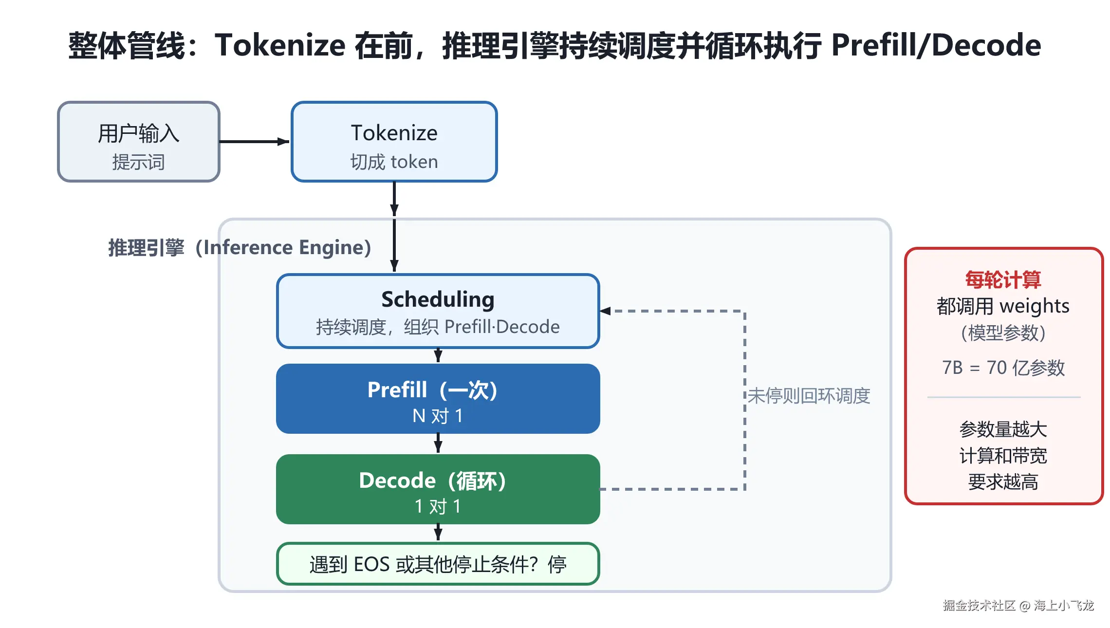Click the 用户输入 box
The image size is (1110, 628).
[x=139, y=142]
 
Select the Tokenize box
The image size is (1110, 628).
[x=394, y=142]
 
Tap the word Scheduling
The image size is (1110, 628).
[x=438, y=299]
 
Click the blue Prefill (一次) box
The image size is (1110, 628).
[x=438, y=399]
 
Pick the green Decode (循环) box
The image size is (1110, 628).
[x=438, y=489]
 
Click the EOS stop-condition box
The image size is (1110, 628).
[x=438, y=564]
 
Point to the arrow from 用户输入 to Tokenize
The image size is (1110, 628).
[x=255, y=142]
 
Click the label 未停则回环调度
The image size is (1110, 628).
[x=809, y=396]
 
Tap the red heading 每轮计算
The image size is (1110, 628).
[x=1003, y=280]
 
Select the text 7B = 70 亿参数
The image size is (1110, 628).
[x=1003, y=368]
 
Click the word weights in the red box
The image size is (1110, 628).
[x=1035, y=307]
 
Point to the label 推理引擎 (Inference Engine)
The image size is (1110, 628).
[x=240, y=248]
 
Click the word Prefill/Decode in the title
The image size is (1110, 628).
[x=936, y=45]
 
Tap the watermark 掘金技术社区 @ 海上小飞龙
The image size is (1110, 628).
[x=1018, y=605]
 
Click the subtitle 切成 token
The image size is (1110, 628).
[x=394, y=162]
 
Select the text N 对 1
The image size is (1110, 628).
[x=438, y=416]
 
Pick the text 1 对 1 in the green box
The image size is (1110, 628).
[x=438, y=507]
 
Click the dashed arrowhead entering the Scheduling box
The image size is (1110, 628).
[x=605, y=311]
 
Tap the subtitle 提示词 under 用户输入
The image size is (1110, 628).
[x=139, y=162]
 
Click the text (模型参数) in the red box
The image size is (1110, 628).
[x=1003, y=333]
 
